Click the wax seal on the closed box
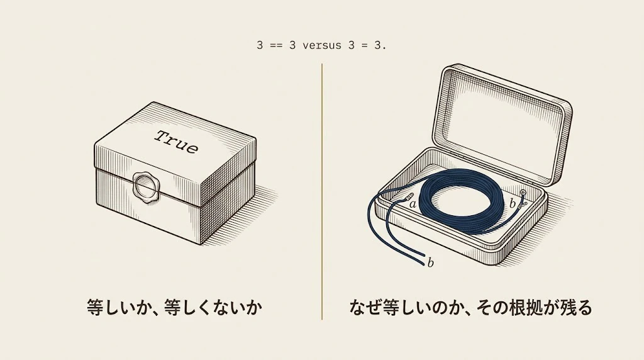click(x=146, y=188)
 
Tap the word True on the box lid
click(x=177, y=142)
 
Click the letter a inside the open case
click(x=413, y=204)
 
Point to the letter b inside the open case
click(x=512, y=203)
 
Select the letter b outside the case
click(x=430, y=262)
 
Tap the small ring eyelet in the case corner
click(x=523, y=193)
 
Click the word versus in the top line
click(x=321, y=45)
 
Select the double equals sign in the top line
click(x=276, y=45)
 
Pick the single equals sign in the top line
click(x=364, y=45)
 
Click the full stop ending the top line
click(x=384, y=48)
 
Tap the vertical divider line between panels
click(x=322, y=191)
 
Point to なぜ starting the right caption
click(x=365, y=307)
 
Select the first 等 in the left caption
click(x=95, y=307)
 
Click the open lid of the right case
click(x=502, y=123)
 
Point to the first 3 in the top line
click(x=260, y=45)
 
